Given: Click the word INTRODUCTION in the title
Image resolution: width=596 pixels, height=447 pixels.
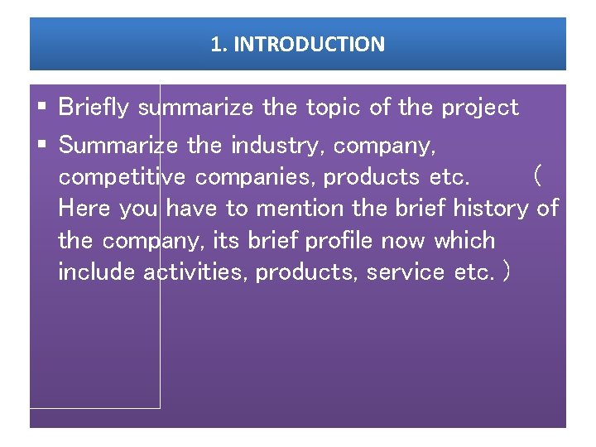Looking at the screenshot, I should [309, 44].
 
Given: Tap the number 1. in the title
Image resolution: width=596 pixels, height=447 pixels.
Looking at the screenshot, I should [219, 44].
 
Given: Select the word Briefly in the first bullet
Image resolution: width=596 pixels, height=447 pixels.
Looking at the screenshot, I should [95, 108].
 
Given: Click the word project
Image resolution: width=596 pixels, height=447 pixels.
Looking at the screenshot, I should [480, 108].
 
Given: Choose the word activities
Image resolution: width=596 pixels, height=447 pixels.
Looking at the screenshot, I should [195, 272].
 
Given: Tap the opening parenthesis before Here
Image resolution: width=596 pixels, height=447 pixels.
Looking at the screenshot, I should [538, 176].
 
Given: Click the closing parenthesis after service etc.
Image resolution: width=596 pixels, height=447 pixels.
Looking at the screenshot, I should [505, 272].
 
